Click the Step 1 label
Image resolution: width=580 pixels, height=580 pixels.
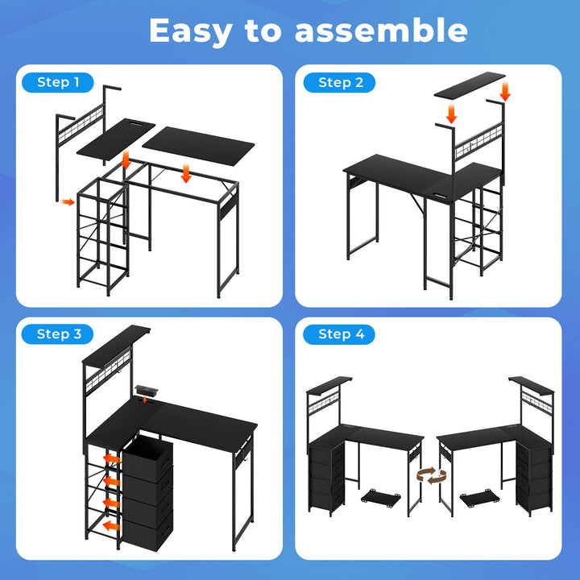point(59,82)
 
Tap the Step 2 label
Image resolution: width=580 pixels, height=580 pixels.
point(341,82)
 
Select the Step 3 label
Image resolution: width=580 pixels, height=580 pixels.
point(59,334)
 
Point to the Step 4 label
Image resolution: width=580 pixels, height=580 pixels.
point(341,334)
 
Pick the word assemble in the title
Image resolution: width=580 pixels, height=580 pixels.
point(380,31)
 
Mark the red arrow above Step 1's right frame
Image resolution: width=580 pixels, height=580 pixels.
point(186,173)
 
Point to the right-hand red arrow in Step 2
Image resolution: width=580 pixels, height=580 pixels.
point(505,89)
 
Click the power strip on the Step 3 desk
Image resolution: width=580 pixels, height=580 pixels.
point(147,391)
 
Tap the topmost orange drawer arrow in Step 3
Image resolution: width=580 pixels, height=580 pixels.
point(110,459)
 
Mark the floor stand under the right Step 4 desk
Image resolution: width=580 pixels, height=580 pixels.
point(477,498)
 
